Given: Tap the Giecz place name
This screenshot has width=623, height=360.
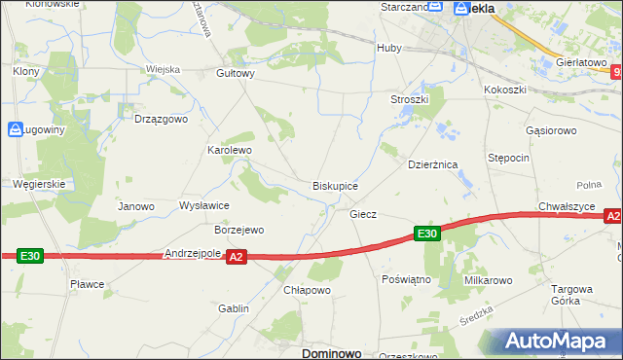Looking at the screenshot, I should tap(363, 213).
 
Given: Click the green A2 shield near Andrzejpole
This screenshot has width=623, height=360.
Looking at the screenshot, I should tap(236, 257).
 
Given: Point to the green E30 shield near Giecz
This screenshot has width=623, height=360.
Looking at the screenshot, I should tap(427, 234).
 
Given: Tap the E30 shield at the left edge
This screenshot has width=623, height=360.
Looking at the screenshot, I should tap(30, 256).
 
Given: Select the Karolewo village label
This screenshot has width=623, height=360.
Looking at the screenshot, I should tap(230, 151).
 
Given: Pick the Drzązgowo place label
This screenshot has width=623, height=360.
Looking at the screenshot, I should tap(160, 119).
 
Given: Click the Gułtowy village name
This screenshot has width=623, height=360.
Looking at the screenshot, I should tap(236, 73).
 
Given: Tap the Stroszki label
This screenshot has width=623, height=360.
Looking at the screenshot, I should tap(410, 99).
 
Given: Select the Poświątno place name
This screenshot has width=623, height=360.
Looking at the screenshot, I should tap(407, 278).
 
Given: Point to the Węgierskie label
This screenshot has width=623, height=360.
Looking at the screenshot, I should tap(39, 183).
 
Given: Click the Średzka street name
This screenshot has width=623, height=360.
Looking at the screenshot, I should tap(477, 323).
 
